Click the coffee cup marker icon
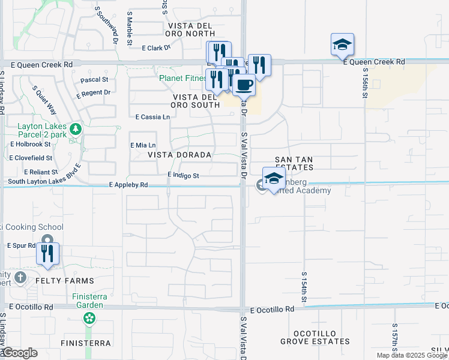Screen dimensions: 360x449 (243, 85)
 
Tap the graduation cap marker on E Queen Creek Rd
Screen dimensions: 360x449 (342, 44)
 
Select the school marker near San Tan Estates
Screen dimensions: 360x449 (274, 179)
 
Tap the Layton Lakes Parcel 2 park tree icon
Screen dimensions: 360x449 (76, 129)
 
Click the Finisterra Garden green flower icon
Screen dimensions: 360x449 (89, 317)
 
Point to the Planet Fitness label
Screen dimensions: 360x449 (182, 78)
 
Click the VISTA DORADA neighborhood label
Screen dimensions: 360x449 (179, 155)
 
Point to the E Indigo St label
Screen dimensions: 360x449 (183, 175)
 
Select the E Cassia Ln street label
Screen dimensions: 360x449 (152, 117)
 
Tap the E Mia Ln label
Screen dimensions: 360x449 (143, 145)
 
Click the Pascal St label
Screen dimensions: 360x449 (94, 79)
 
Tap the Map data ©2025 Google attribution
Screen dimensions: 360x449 (411, 355)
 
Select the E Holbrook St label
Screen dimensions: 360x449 (29, 144)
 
